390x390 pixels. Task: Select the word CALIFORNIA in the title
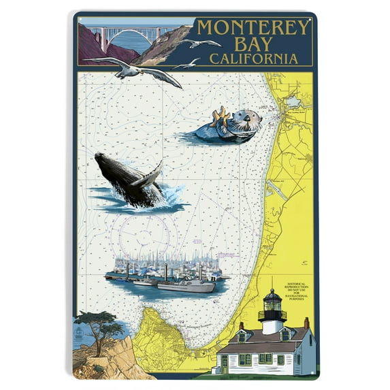[253, 59]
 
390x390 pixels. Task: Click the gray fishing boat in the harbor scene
[185, 285]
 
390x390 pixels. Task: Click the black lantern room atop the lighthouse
[272, 299]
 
